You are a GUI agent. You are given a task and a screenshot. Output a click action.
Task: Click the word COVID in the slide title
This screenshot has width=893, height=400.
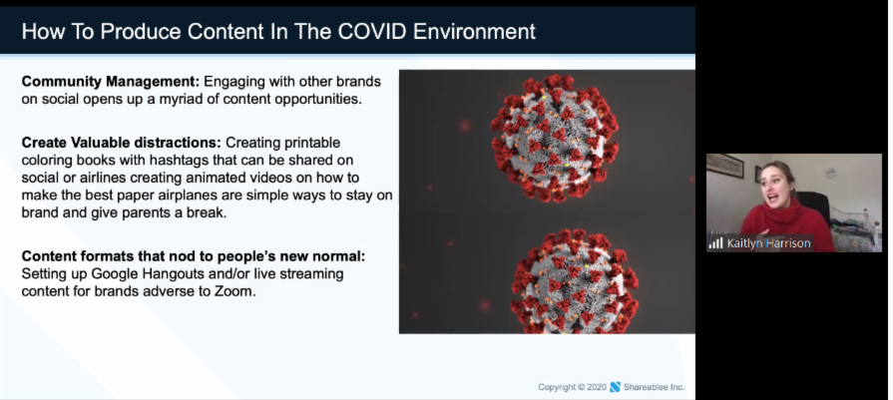tap(372, 31)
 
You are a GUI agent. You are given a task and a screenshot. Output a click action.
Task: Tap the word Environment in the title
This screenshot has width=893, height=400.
tap(474, 31)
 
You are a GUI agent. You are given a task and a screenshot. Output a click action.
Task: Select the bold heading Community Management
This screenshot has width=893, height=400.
tap(111, 82)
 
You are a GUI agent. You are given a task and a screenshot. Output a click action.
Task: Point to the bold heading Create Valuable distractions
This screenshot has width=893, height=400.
tap(122, 143)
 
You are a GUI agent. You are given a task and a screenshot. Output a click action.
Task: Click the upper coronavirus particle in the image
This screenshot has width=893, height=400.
tap(554, 138)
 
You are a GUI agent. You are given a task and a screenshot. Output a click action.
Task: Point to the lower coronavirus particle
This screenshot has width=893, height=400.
tap(574, 281)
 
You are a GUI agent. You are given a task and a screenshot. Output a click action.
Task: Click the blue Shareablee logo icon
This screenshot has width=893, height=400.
tap(615, 387)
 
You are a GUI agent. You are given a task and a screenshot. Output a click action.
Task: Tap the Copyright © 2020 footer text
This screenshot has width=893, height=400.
tap(572, 387)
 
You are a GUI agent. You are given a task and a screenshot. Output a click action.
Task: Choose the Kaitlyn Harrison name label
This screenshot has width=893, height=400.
tap(768, 243)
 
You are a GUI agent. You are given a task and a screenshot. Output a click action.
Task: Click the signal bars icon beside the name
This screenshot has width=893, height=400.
tap(715, 243)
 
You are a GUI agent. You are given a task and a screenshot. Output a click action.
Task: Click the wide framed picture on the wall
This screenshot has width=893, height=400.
tap(725, 165)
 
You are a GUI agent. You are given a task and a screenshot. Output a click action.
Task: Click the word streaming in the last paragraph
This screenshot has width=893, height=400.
tap(314, 274)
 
